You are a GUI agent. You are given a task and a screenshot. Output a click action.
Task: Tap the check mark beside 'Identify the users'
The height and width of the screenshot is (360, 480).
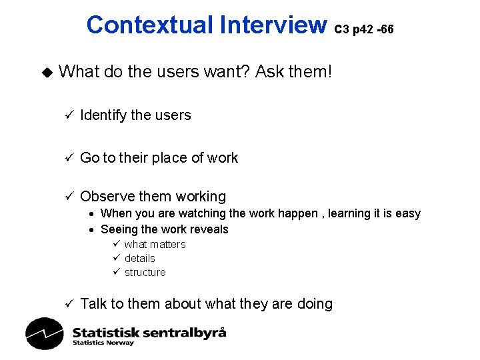click(x=67, y=115)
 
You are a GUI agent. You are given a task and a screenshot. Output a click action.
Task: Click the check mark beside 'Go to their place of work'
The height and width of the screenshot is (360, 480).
click(x=67, y=158)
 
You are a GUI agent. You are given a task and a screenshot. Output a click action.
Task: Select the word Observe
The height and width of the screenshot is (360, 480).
click(x=107, y=197)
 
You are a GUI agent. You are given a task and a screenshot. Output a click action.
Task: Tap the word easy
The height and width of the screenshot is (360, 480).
click(x=408, y=214)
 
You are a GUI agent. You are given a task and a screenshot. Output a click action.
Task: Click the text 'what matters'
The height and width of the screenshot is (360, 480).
click(x=155, y=244)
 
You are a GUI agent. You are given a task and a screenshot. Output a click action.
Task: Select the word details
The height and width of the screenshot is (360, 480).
click(x=139, y=258)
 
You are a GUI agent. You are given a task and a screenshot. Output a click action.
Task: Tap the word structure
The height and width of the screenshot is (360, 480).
click(x=145, y=272)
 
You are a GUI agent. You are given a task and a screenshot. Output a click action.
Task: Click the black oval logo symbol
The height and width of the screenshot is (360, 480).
click(x=44, y=333)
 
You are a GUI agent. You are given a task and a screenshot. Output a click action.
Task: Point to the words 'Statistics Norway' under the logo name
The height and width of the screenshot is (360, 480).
click(x=103, y=343)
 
